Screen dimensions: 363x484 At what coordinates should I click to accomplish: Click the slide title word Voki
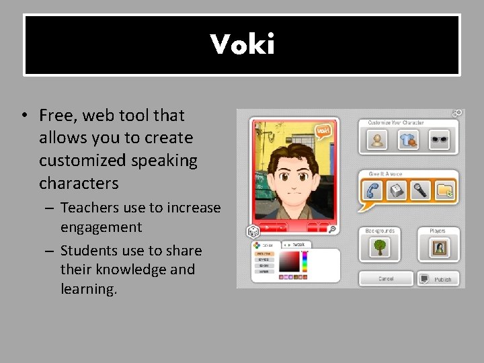pos(242,45)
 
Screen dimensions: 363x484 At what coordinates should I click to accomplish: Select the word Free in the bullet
pos(58,116)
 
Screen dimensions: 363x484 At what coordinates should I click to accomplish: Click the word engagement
pos(101,227)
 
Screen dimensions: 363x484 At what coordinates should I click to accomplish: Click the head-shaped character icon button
pos(377,140)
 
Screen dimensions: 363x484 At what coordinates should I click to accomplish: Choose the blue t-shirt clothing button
pos(408,140)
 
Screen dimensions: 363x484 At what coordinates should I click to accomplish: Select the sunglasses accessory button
pos(439,140)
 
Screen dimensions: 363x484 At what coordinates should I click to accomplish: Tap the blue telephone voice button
pos(373,191)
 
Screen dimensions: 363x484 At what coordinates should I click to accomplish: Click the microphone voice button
pos(420,191)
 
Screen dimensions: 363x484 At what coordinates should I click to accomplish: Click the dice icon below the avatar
pos(253,231)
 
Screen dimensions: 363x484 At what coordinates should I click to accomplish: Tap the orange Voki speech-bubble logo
pos(324,130)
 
